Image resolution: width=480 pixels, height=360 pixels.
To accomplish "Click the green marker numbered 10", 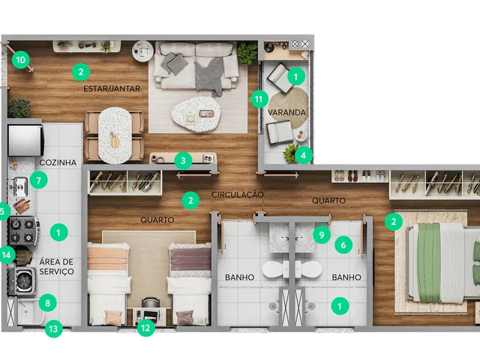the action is [21, 60].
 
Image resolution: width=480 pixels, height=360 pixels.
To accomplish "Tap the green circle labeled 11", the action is [259, 99].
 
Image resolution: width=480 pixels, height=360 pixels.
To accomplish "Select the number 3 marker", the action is [183, 160].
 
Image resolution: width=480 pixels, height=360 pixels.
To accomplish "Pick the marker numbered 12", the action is [145, 328].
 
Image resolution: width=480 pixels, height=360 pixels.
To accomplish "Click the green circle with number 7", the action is [38, 180].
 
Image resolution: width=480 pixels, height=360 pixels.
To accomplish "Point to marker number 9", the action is [322, 235].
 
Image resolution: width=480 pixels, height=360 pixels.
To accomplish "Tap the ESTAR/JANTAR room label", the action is [112, 88].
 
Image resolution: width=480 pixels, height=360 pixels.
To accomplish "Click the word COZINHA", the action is [58, 163].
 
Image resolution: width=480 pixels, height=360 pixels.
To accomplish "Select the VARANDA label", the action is [286, 112].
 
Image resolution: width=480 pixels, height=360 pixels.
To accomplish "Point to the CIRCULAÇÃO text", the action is [238, 195].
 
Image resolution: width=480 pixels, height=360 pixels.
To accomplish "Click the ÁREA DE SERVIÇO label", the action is [57, 267].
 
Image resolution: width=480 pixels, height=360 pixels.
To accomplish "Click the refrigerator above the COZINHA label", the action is [25, 140].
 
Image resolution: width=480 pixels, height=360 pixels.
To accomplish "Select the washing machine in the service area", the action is [23, 281].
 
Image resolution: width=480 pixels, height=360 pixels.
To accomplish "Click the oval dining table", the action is [115, 135].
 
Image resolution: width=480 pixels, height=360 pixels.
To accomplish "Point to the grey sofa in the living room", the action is [196, 66].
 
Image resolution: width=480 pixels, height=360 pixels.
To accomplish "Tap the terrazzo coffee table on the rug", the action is [196, 114].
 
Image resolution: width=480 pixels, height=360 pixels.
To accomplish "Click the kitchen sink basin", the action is [19, 187].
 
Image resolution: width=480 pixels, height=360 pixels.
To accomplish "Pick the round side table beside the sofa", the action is [142, 51].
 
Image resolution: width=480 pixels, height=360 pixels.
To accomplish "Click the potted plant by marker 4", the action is [291, 154].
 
